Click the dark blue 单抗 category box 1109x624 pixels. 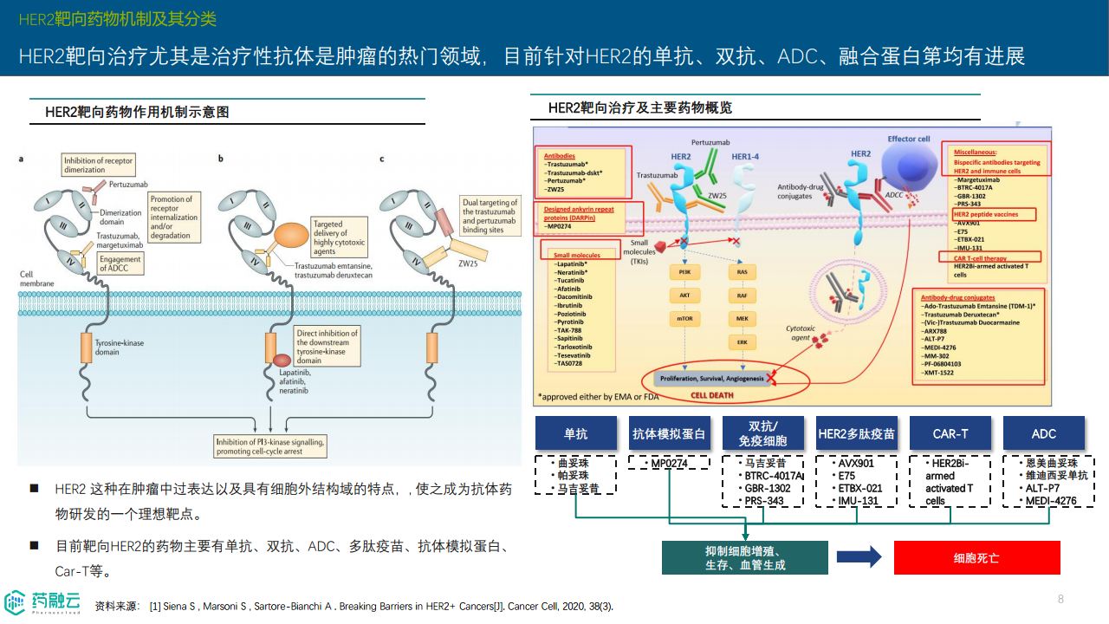[575, 433]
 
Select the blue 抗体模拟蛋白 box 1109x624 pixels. [669, 433]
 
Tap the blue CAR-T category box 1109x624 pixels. [950, 433]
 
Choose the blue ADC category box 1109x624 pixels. [1043, 433]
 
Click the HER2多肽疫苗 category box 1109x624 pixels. [856, 433]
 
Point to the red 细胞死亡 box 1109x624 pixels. [976, 557]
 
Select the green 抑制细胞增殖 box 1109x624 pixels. [744, 557]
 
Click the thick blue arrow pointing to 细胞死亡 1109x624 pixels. [859, 557]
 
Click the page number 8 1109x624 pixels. [1060, 599]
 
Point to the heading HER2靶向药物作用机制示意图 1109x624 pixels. [137, 112]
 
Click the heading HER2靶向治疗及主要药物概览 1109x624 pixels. [640, 107]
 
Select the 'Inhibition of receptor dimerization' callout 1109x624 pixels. [97, 165]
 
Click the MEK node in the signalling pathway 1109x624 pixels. [742, 318]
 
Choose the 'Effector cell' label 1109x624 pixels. [909, 139]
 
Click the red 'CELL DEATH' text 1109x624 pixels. [710, 394]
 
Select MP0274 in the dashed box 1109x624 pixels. [669, 464]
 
